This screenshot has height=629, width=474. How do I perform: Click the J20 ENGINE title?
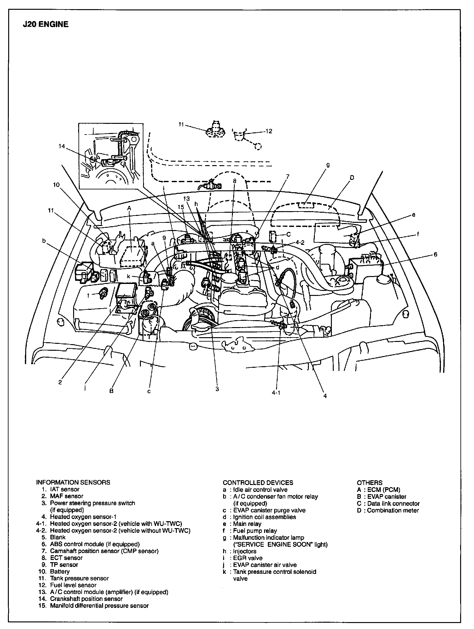[x=45, y=24]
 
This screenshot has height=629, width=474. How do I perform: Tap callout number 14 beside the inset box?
[x=62, y=146]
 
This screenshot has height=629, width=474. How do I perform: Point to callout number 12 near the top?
[x=269, y=131]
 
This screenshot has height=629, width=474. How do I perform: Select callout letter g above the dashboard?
[x=328, y=165]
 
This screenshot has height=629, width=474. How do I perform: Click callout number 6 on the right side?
[x=436, y=254]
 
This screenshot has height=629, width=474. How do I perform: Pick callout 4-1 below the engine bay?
[x=276, y=393]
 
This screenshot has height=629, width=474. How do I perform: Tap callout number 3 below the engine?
[x=217, y=389]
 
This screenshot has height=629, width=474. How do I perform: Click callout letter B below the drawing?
[x=111, y=391]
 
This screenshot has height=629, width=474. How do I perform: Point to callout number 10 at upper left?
[x=56, y=185]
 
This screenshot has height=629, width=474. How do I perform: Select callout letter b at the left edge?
[x=44, y=241]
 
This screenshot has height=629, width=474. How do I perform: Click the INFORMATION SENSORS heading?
[x=73, y=482]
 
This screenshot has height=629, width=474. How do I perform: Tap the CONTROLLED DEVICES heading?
[x=258, y=482]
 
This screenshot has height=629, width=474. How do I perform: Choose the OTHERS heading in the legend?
[x=369, y=482]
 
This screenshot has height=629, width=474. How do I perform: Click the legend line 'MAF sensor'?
[x=66, y=496]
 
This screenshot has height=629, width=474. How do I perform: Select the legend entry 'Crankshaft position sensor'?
[x=86, y=599]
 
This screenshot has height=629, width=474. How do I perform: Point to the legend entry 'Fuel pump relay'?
[x=255, y=531]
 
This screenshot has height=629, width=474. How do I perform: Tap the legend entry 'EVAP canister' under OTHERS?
[x=387, y=497]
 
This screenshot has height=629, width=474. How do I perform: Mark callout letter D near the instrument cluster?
[x=352, y=178]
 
